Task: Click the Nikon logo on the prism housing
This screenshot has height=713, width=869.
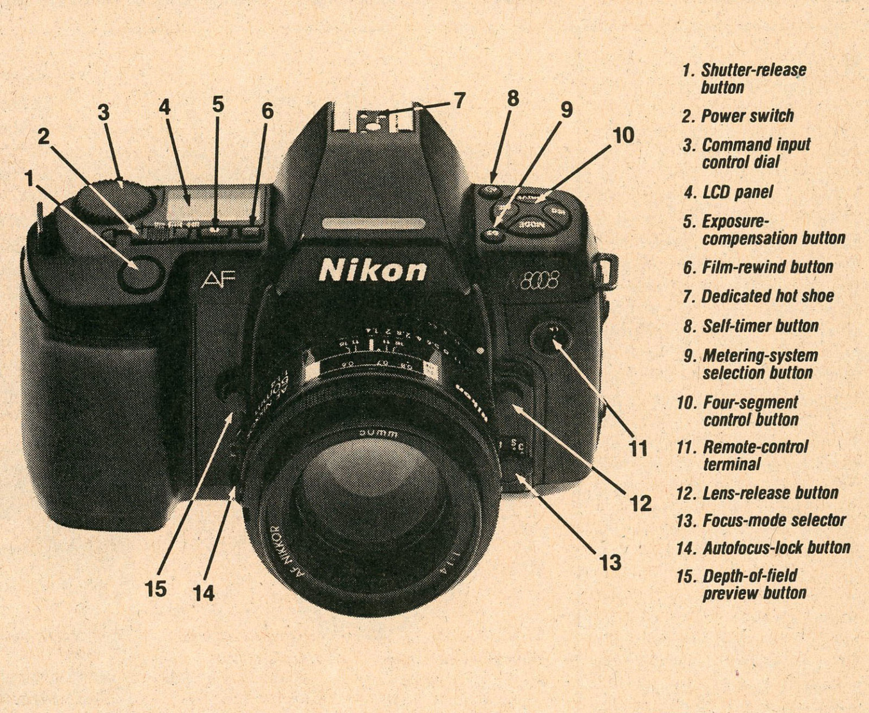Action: pos(372,270)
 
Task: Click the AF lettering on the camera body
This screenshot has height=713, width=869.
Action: pos(218,279)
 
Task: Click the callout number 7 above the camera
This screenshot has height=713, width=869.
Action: pos(458,101)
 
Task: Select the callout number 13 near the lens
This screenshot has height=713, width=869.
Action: pos(610,562)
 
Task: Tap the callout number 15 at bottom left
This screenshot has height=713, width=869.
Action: pos(155,589)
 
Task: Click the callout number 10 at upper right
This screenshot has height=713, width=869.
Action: pos(623,136)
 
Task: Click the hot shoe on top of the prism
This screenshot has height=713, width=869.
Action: pos(376,121)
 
